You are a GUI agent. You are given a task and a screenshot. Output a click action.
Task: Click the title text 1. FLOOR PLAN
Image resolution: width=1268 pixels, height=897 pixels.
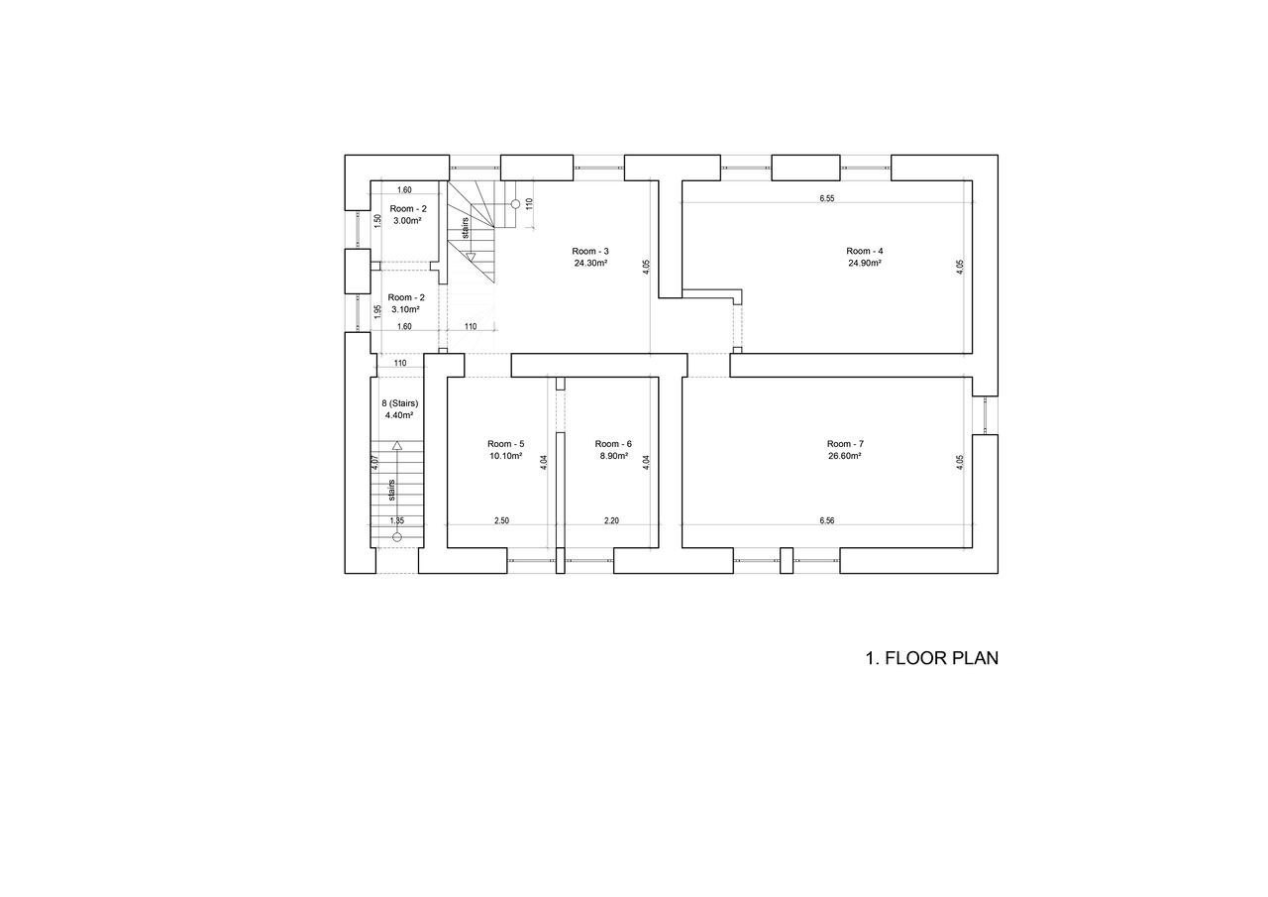click(932, 658)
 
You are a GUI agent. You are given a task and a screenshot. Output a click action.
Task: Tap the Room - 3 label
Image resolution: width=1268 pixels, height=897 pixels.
click(590, 251)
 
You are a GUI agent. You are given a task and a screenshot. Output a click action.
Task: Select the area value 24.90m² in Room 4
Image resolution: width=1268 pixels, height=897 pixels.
click(865, 263)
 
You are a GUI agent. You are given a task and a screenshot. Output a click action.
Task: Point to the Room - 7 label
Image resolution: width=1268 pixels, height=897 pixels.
click(845, 444)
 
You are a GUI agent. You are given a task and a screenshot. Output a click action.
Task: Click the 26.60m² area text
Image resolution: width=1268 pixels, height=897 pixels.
click(845, 456)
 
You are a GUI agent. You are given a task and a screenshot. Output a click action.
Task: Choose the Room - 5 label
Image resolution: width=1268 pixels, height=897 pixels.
click(505, 444)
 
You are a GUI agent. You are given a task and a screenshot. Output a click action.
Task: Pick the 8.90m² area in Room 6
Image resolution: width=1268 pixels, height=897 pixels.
click(613, 456)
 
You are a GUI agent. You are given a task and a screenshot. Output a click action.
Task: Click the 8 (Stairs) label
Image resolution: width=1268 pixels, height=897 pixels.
click(399, 403)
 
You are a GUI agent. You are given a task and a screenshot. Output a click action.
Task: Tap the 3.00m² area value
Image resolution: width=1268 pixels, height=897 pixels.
click(407, 221)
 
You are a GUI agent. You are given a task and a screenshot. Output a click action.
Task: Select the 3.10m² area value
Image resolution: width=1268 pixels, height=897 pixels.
click(405, 309)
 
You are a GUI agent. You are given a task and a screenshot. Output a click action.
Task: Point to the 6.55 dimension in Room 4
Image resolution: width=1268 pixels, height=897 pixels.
click(826, 199)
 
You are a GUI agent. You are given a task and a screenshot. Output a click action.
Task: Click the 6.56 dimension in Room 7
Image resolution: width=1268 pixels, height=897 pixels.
click(826, 521)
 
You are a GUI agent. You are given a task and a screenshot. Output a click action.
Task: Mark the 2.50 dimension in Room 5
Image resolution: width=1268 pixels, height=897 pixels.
click(501, 521)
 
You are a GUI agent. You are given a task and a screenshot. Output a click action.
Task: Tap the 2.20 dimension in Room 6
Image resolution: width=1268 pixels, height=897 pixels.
click(611, 521)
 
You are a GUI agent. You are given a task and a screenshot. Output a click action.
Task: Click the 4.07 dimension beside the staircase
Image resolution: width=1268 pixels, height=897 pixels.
click(374, 463)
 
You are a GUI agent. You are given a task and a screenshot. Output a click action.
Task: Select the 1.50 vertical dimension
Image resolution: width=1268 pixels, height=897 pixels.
click(378, 220)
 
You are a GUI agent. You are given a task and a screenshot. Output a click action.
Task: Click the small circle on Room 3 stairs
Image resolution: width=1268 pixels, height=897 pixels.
click(515, 204)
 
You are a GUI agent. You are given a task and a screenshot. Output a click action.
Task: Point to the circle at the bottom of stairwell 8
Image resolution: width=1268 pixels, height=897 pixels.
click(397, 537)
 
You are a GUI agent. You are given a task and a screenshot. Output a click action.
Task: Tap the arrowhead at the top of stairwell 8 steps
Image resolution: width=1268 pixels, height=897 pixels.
click(397, 446)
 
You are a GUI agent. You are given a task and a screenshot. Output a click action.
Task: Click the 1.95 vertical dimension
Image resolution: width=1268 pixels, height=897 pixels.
click(377, 310)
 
